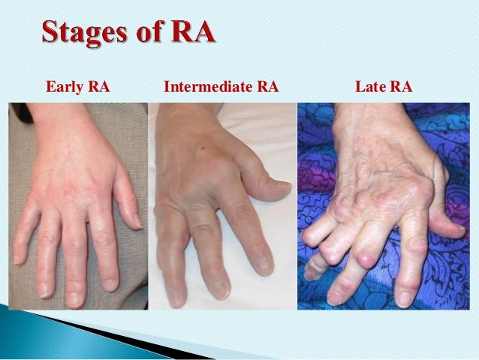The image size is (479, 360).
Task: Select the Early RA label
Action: click(x=77, y=89)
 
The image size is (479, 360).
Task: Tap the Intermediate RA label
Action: click(x=221, y=89)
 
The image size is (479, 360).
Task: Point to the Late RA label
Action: click(x=383, y=89)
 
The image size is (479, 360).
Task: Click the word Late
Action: click(x=371, y=89)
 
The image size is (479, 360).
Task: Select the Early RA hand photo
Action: click(x=78, y=207)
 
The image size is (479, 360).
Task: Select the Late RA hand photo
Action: click(x=386, y=207)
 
